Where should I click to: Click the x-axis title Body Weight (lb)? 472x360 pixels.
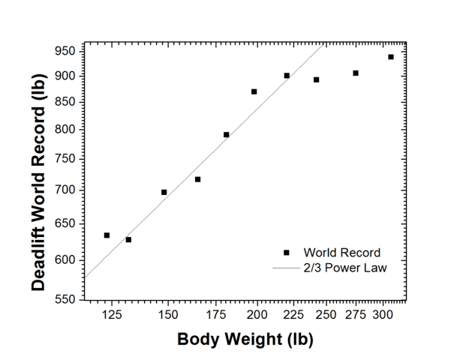pos(245,339)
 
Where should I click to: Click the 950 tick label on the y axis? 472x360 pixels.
pos(65,51)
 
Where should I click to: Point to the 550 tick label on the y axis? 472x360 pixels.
pos(65,299)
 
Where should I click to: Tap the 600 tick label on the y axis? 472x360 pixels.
pos(65,259)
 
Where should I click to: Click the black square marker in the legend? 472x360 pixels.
pos(287,253)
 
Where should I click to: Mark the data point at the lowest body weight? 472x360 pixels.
pos(107,235)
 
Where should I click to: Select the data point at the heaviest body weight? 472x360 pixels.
pos(391,57)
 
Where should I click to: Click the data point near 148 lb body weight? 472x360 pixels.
pos(164,192)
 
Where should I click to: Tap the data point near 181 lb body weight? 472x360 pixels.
pos(226,135)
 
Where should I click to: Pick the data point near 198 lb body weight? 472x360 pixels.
pos(254,91)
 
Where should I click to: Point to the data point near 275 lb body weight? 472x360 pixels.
pos(356,73)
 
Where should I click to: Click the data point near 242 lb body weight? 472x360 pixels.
pos(317,79)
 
